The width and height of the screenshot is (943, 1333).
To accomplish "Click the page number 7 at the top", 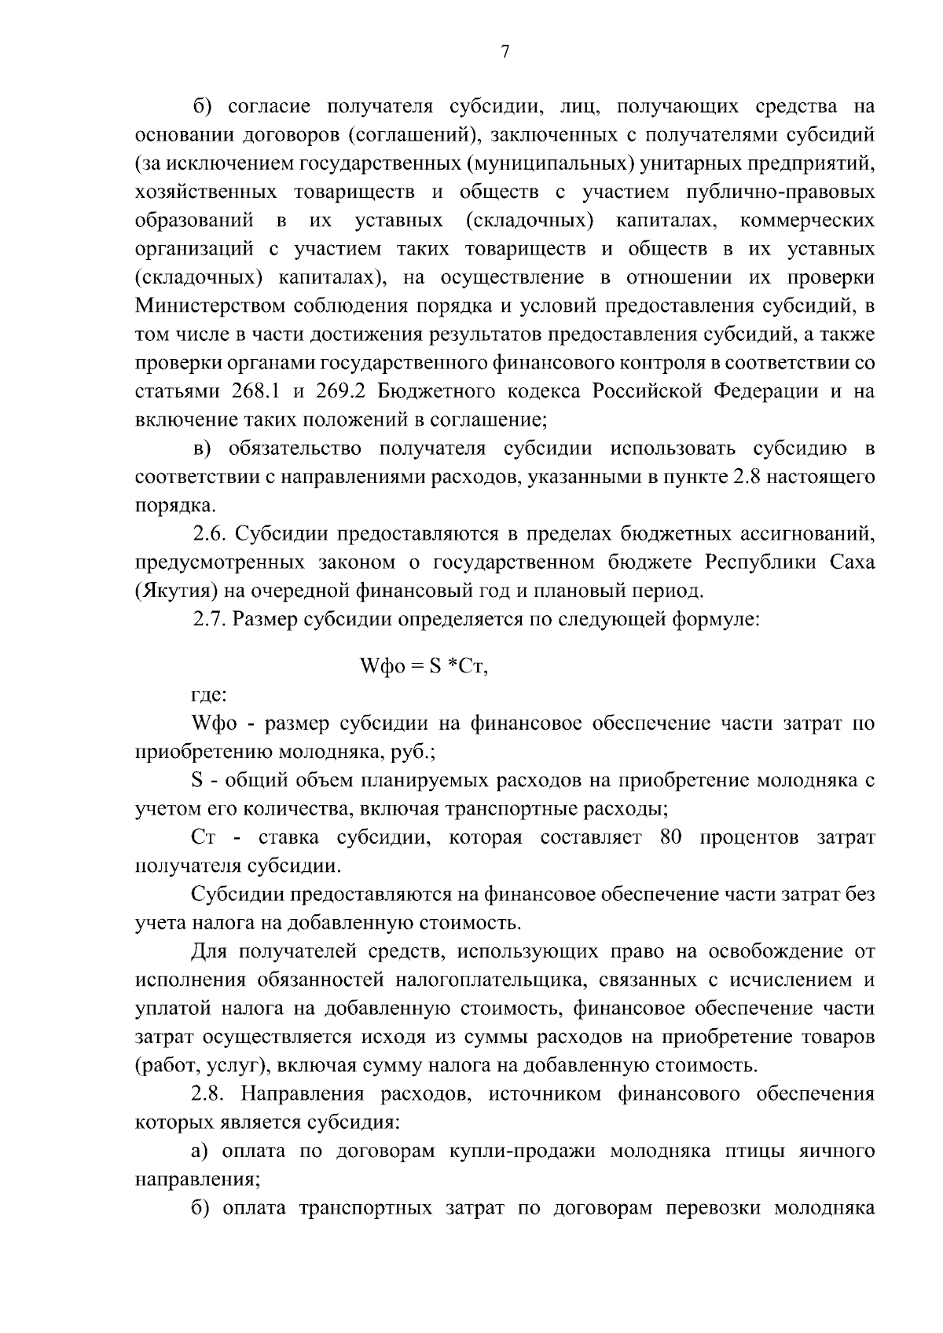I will pyautogui.click(x=505, y=52).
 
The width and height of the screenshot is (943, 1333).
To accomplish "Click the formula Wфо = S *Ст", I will pyautogui.click(x=424, y=668).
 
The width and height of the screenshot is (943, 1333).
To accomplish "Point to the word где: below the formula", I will pyautogui.click(x=210, y=694).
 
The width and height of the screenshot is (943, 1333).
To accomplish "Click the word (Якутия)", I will pyautogui.click(x=170, y=591).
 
